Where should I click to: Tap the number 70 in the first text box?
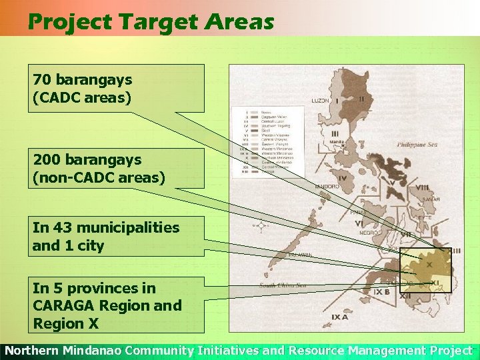41,80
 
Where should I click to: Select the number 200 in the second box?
46,160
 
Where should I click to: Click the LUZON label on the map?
320,101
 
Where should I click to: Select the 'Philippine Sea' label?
419,144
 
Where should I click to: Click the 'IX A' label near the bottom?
339,317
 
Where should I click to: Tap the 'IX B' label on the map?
382,292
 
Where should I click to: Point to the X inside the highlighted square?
429,265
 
